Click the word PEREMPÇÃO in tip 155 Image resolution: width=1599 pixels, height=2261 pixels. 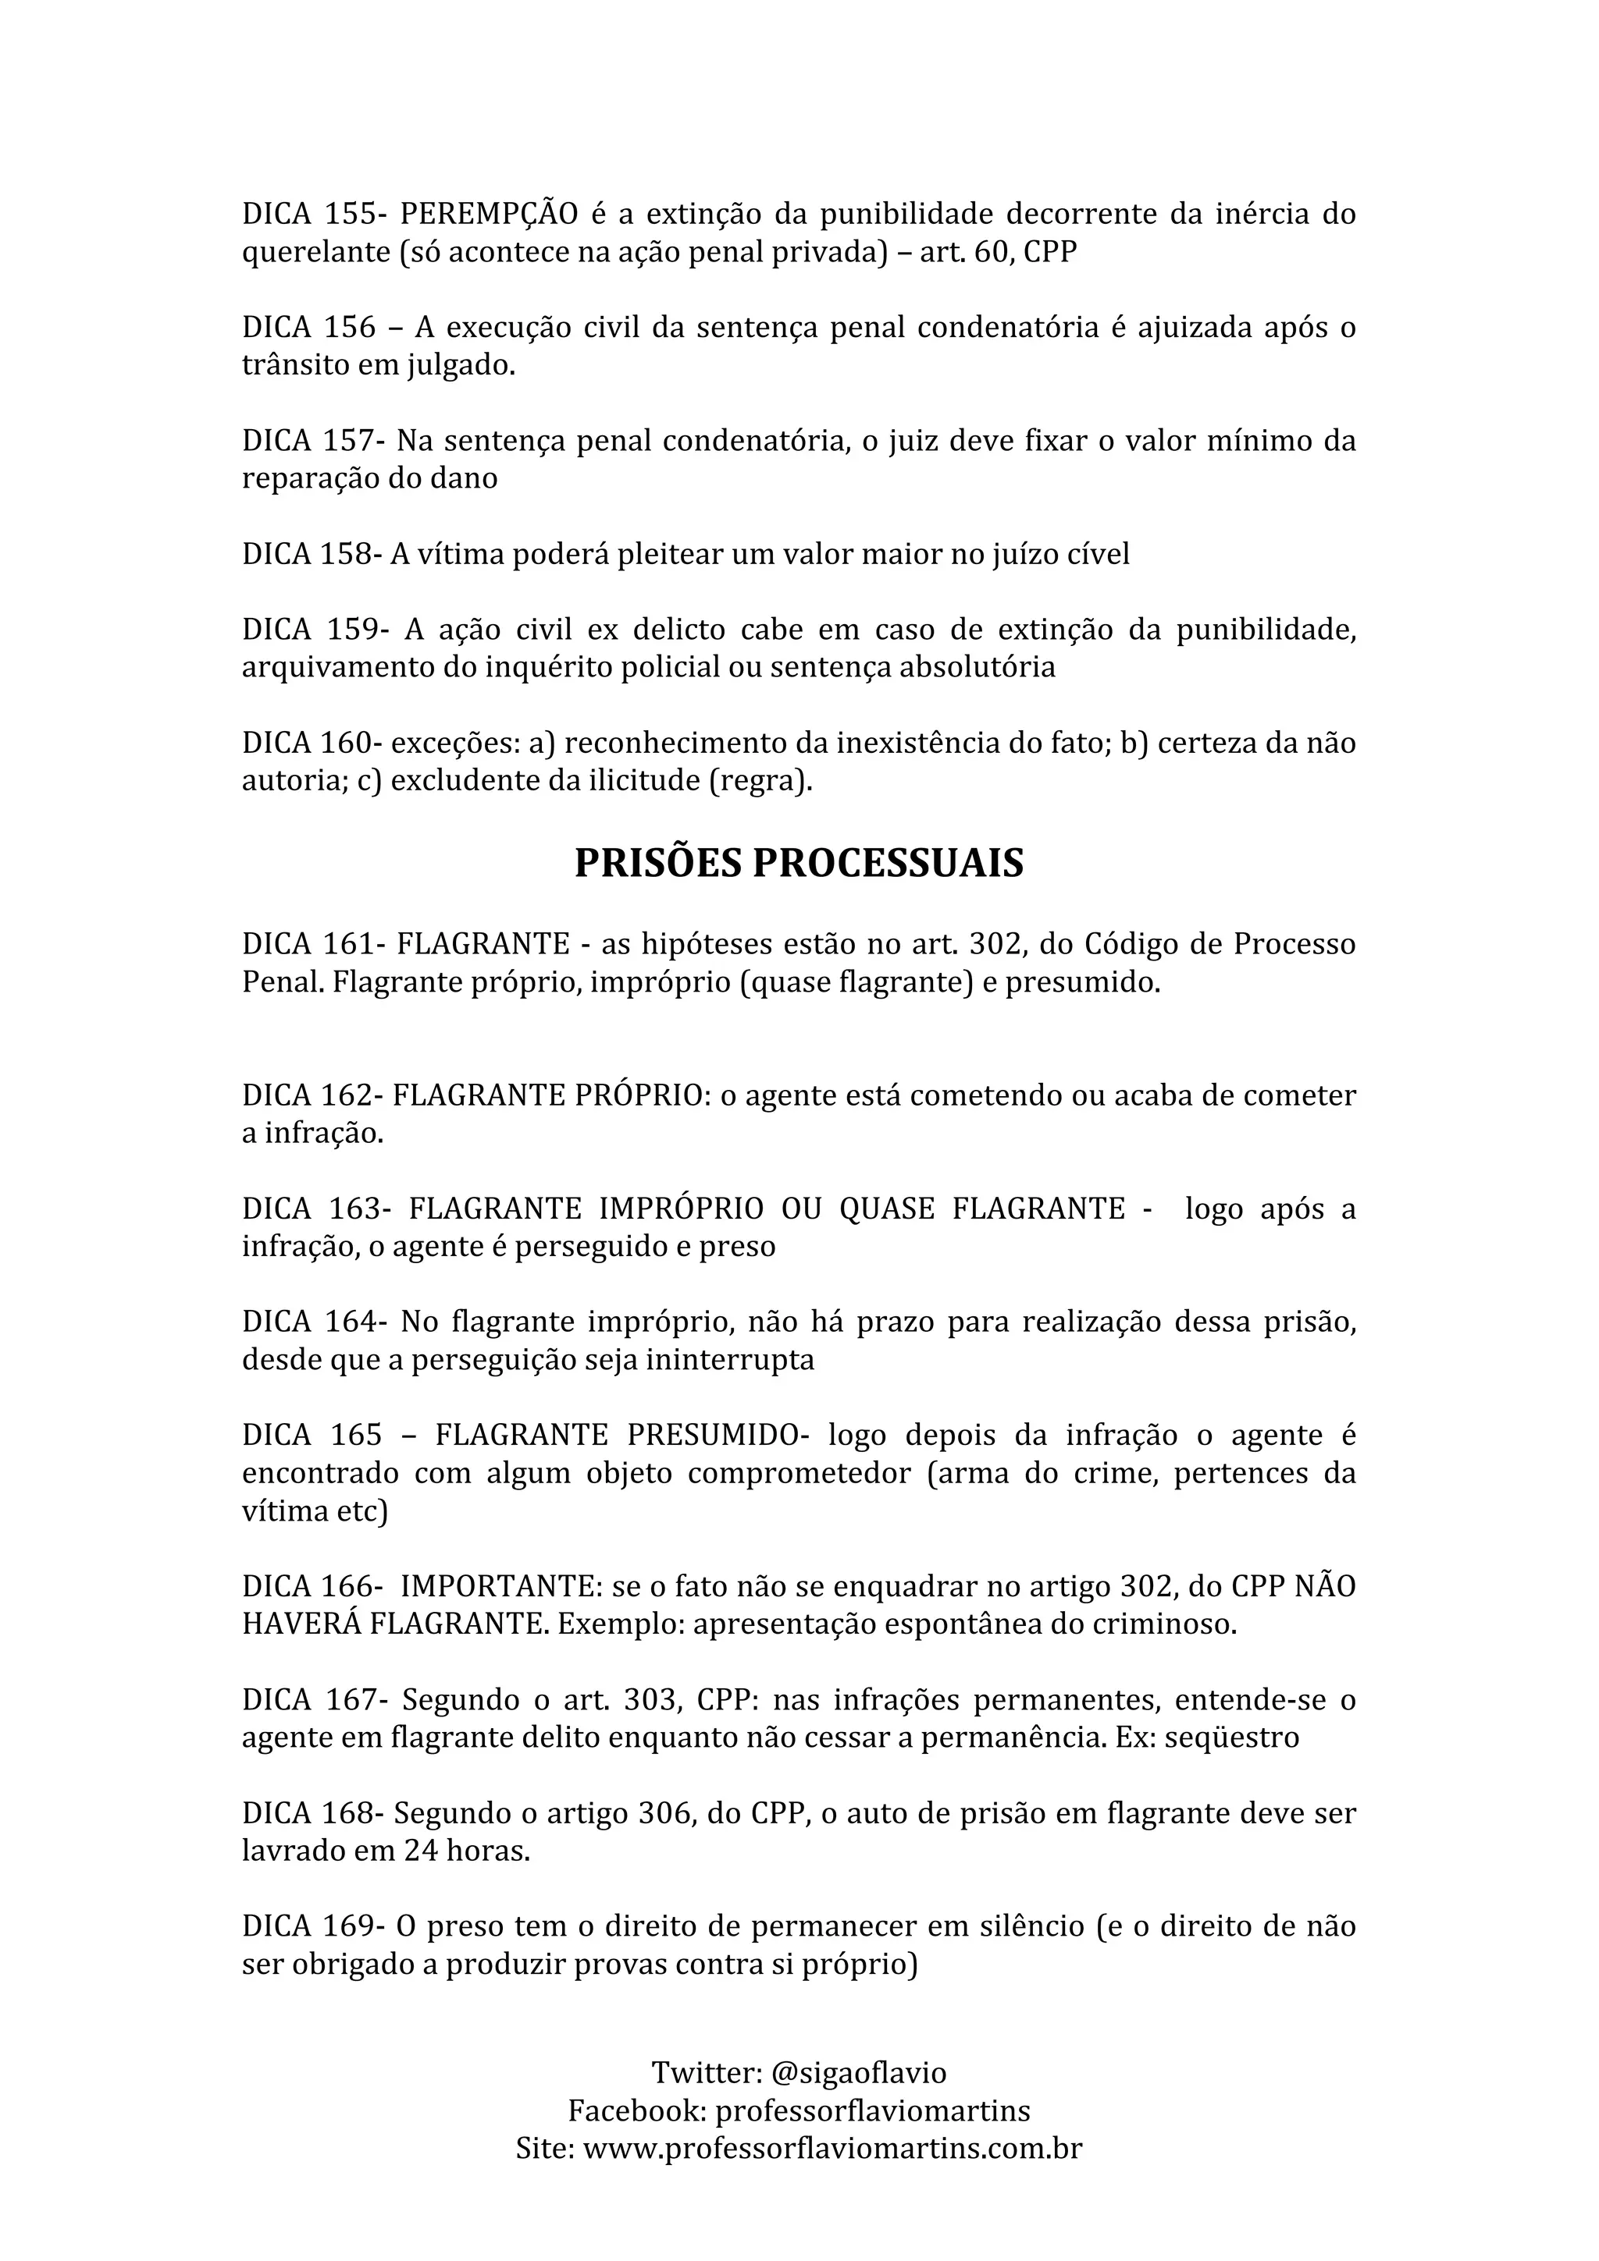pyautogui.click(x=489, y=214)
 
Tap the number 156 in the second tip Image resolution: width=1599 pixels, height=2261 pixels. pyautogui.click(x=350, y=327)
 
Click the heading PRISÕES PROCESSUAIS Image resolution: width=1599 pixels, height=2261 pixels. pyautogui.click(x=799, y=863)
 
